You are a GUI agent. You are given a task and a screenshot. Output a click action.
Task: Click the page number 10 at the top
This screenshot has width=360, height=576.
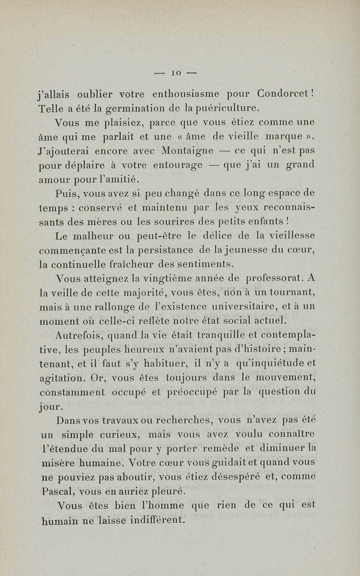[x=180, y=72]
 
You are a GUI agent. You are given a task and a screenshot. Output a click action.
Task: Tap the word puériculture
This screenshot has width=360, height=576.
[x=231, y=108]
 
